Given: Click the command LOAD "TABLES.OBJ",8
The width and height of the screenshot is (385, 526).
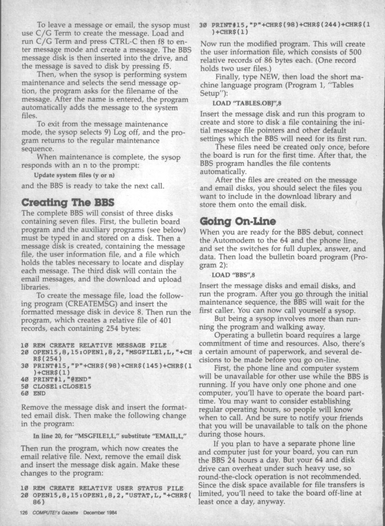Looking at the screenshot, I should click(x=246, y=103).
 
